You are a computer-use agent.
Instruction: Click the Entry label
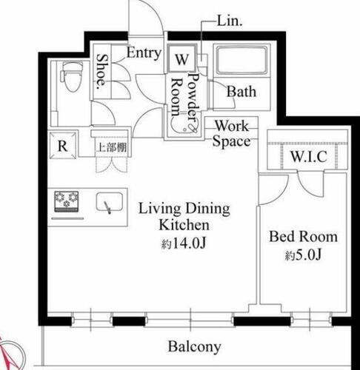click(x=143, y=53)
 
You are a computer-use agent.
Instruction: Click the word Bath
click(x=241, y=92)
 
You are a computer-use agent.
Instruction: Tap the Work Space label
click(x=231, y=134)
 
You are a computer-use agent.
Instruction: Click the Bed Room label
click(x=302, y=238)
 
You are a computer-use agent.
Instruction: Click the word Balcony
click(x=194, y=346)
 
